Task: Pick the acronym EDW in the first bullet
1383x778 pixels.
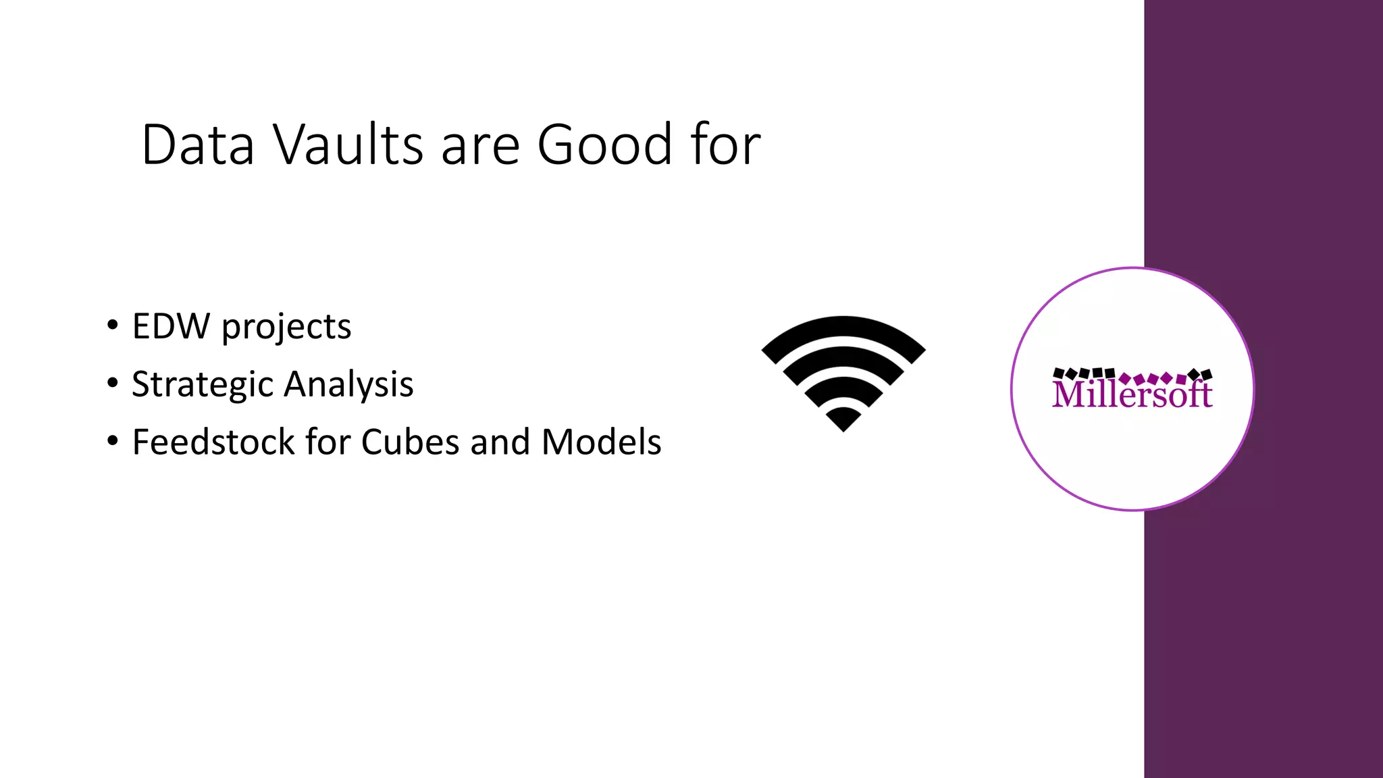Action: click(x=171, y=326)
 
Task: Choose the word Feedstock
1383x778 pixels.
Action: click(x=213, y=442)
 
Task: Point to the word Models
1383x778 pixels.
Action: click(x=601, y=442)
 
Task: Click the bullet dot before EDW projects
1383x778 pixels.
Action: click(x=112, y=326)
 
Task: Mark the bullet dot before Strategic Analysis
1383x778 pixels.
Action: click(x=112, y=384)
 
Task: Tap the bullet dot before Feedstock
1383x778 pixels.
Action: click(x=112, y=442)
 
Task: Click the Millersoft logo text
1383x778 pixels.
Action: click(x=1132, y=394)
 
